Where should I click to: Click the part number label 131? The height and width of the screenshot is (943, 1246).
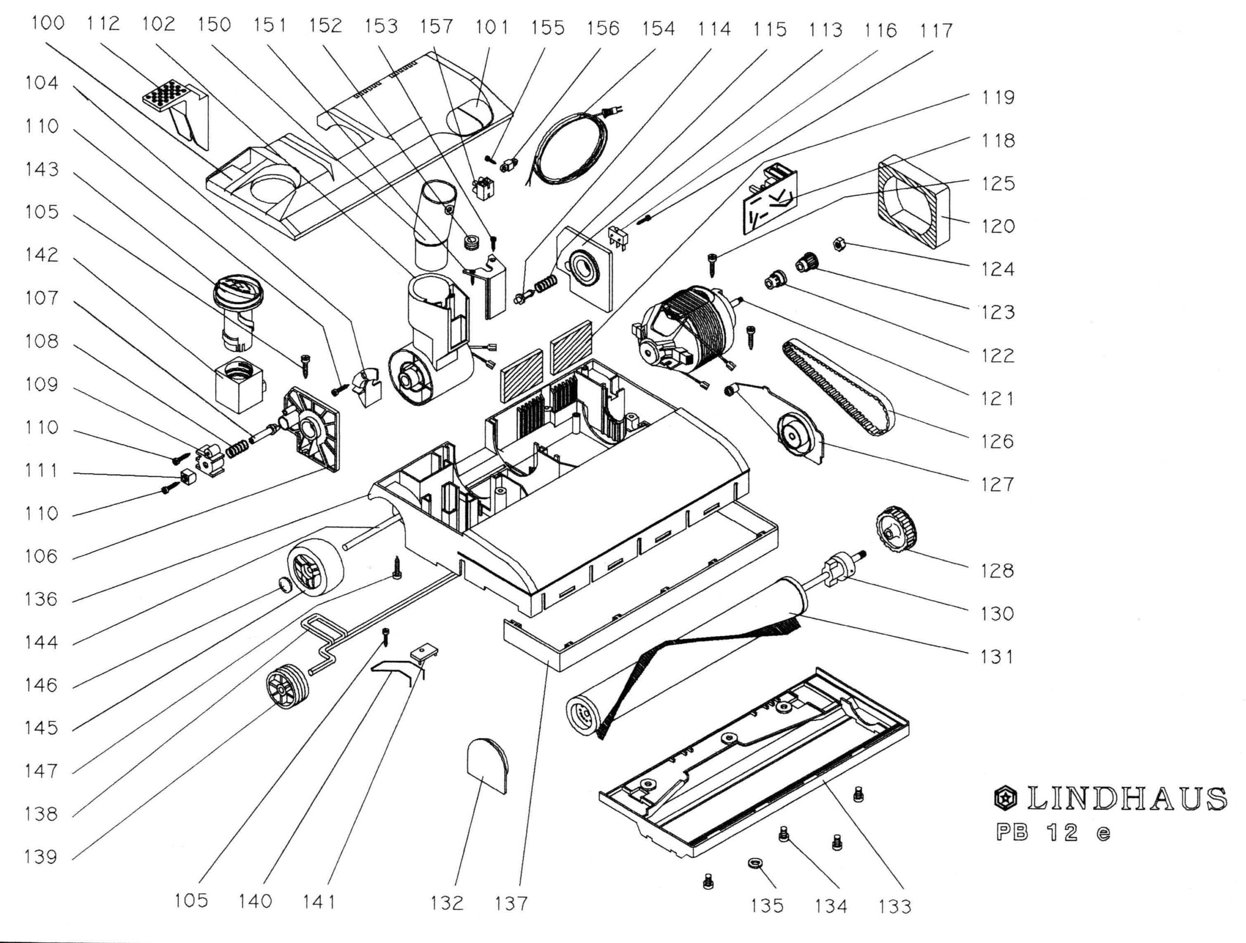point(996,657)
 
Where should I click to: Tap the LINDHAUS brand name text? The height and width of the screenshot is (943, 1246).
point(1127,799)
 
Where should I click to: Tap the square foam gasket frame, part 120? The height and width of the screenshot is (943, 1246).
point(913,203)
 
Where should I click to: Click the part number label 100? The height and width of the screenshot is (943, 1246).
point(48,24)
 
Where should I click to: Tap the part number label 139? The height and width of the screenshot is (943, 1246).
point(40,857)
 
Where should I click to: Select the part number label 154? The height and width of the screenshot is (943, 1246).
point(658,28)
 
